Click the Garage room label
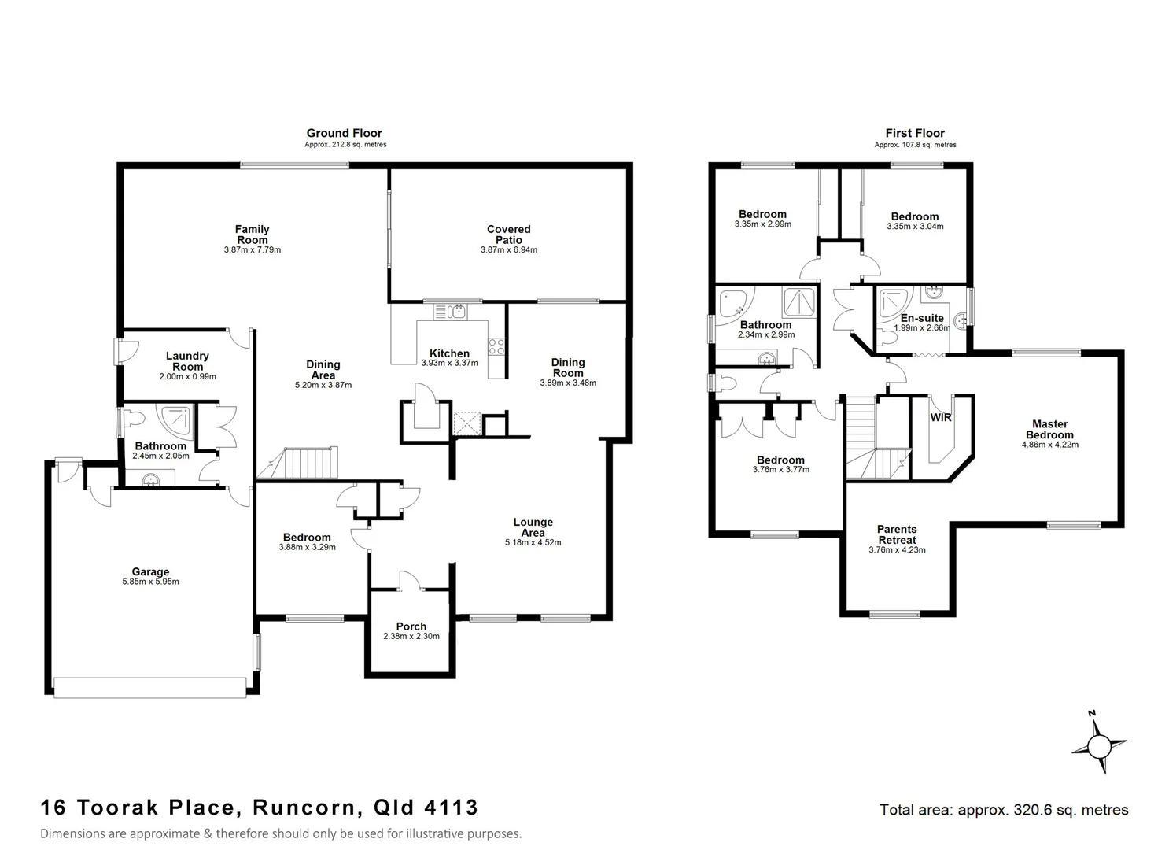point(150,572)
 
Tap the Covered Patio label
point(509,235)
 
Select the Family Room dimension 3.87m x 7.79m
point(252,250)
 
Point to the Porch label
point(411,626)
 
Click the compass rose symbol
point(1099,744)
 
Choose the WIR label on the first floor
point(941,417)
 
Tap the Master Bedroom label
point(1049,430)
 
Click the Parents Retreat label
point(897,534)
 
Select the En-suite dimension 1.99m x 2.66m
point(922,328)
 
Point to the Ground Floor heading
point(345,133)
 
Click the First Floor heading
point(915,133)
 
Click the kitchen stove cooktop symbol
point(496,347)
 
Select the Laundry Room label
point(187,361)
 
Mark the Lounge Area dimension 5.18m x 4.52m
point(533,543)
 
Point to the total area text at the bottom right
point(1004,810)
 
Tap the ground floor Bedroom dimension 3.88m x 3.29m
point(307,547)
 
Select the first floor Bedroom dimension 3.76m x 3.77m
point(780,470)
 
